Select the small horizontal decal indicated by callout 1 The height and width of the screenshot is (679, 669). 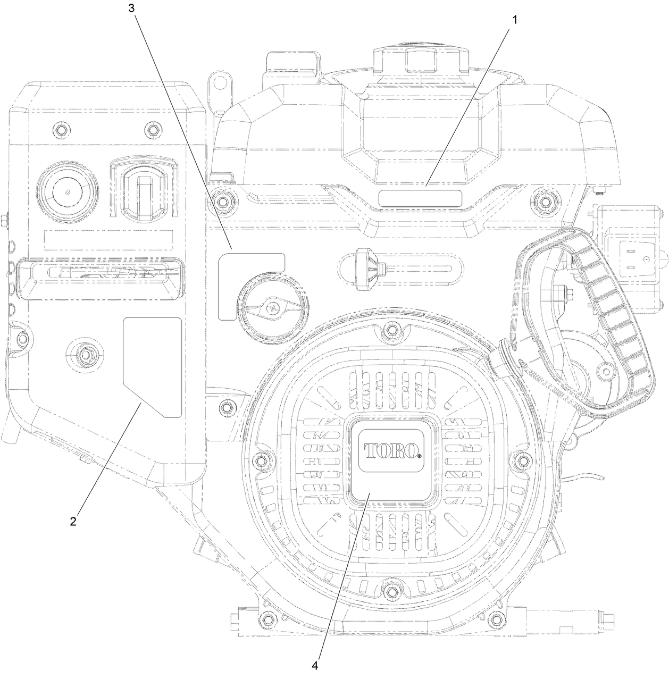[420, 198]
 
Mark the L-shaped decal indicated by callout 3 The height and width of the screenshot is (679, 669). [239, 276]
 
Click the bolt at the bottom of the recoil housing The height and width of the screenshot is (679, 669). [392, 591]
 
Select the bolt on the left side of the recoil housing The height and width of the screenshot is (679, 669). [261, 459]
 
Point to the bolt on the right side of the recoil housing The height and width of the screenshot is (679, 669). [523, 459]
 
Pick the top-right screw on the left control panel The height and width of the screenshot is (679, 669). [153, 130]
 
